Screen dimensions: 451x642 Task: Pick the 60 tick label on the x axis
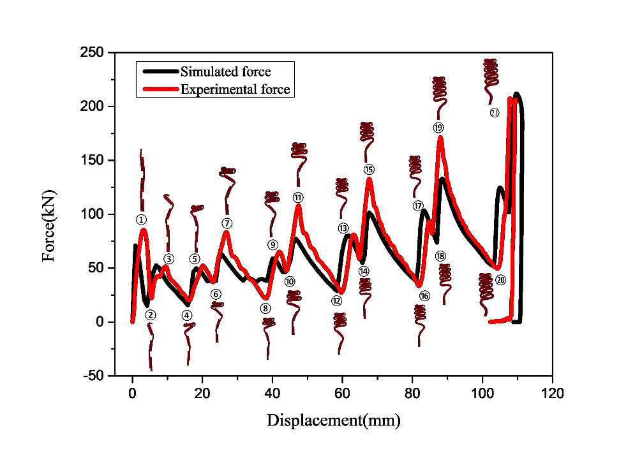click(342, 394)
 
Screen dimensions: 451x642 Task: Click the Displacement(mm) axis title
click(334, 420)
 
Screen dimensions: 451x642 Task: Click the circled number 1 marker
click(142, 219)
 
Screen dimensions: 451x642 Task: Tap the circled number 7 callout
click(227, 223)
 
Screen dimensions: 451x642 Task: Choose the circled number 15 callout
click(369, 170)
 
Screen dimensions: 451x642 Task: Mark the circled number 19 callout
click(438, 128)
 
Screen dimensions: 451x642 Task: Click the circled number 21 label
click(495, 112)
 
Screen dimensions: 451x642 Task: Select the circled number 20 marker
click(500, 280)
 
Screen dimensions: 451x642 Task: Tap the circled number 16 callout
click(424, 296)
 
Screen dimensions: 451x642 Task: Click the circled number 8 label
click(265, 308)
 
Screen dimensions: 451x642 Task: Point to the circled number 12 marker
click(337, 300)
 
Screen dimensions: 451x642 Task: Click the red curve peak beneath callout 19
click(440, 138)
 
